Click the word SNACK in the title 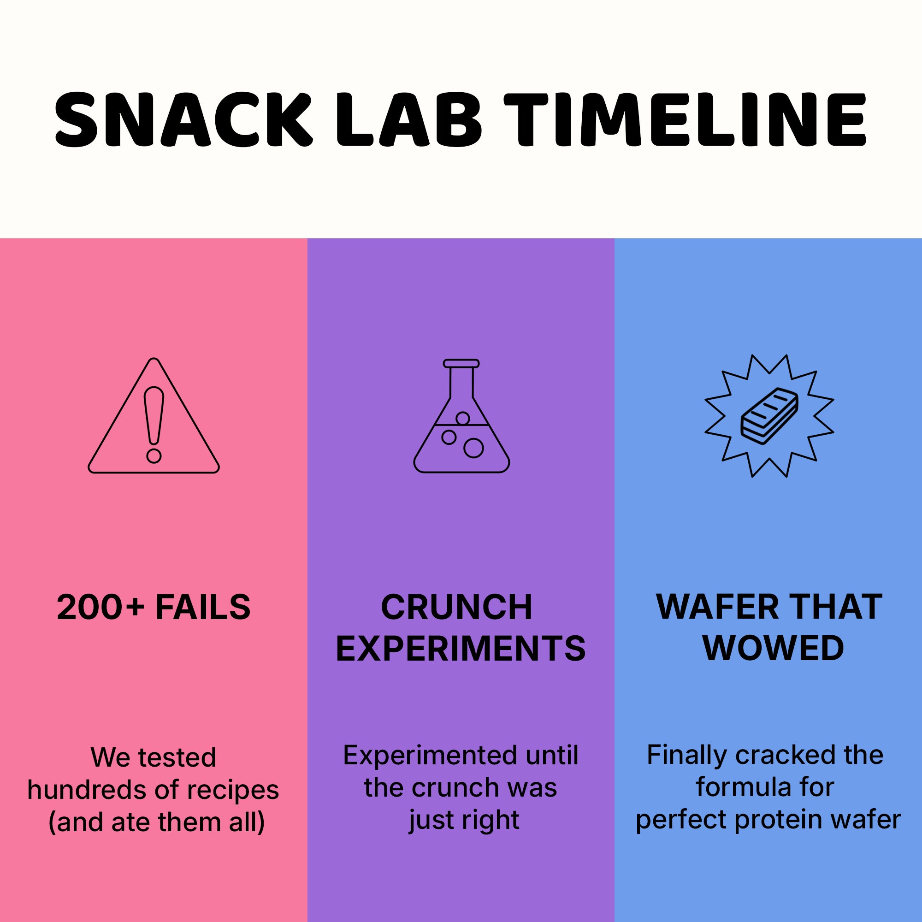(x=184, y=119)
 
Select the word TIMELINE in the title (x=686, y=119)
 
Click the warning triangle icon (x=154, y=416)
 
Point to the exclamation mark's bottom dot (x=154, y=456)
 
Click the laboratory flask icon (x=461, y=416)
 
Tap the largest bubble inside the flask (x=473, y=448)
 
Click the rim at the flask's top (x=461, y=364)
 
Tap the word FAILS (x=203, y=607)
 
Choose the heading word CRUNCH (x=457, y=607)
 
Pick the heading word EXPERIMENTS (x=461, y=649)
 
